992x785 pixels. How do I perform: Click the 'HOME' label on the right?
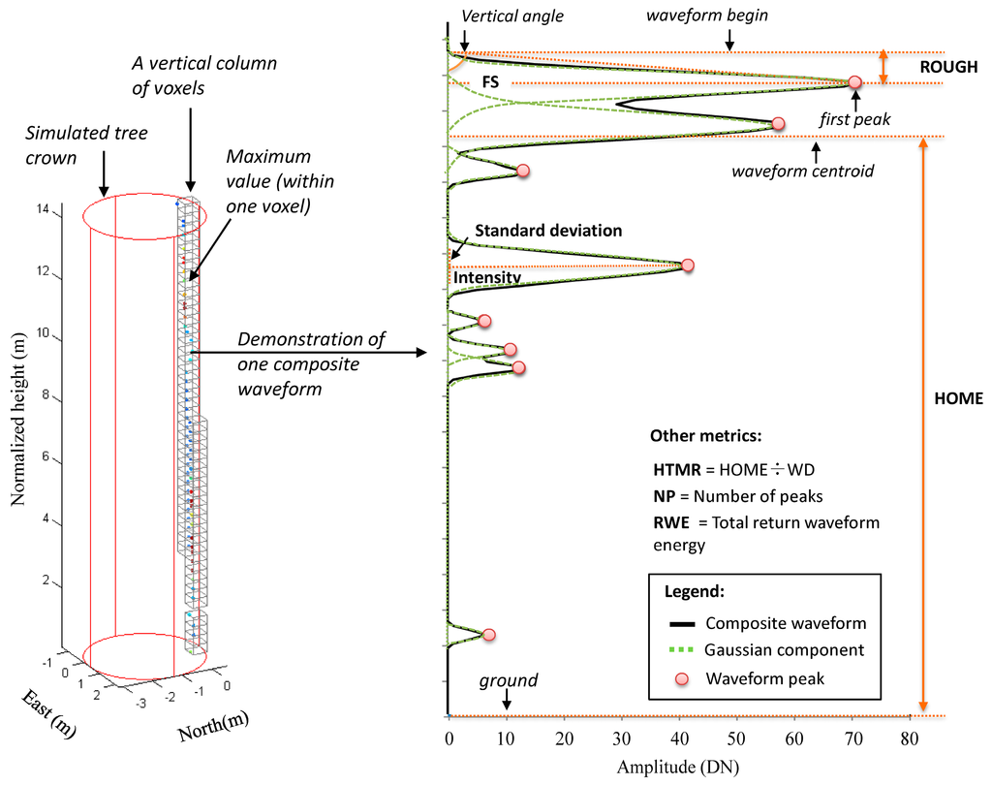959,398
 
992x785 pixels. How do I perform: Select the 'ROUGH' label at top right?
950,67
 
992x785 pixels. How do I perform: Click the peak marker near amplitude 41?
688,265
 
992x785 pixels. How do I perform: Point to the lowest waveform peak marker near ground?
488,635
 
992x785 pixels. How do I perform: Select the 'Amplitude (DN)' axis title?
677,768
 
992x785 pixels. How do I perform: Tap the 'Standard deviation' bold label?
547,231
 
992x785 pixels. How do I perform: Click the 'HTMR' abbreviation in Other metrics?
673,469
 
